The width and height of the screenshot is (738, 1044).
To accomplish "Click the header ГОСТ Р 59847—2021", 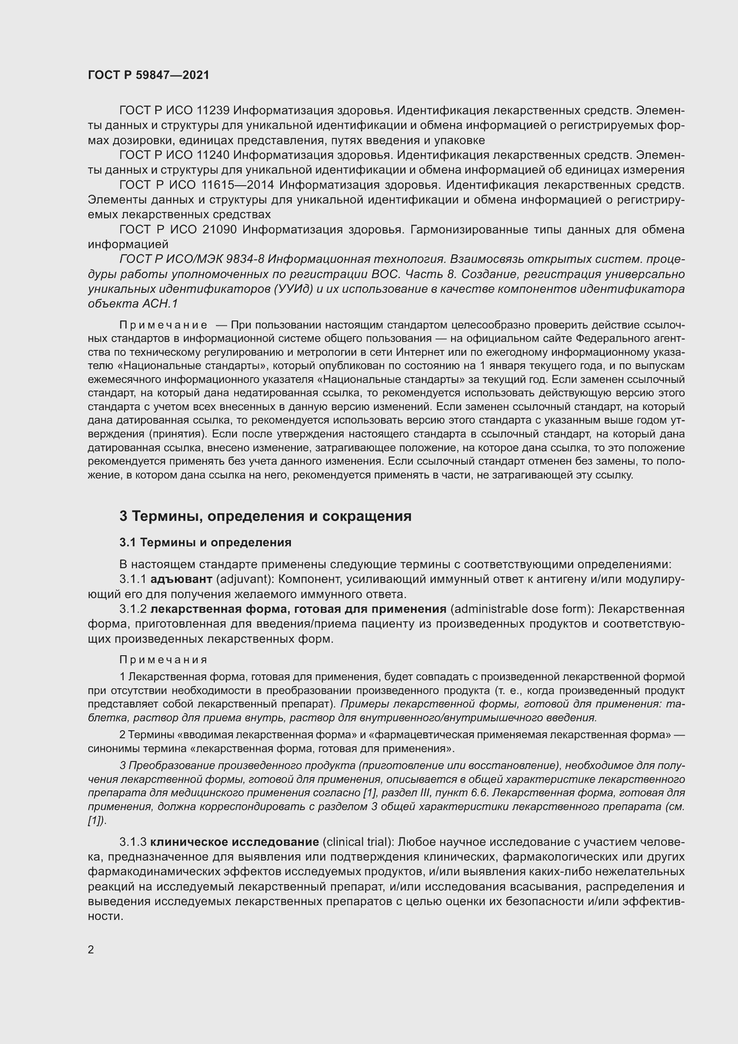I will coord(149,75).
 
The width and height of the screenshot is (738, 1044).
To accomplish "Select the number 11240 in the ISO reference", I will coord(213,155).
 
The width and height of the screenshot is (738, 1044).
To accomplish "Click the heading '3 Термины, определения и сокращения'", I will coord(265,516).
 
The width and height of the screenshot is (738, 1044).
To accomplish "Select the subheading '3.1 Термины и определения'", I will coord(205,542).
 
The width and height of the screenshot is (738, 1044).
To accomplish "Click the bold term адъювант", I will coord(181,579).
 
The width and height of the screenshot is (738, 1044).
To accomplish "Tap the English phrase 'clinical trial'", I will coord(358,842).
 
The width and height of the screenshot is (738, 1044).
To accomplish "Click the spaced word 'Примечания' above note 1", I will coord(164,659).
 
